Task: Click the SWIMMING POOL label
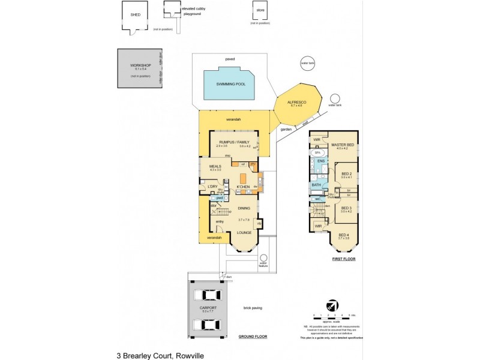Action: [232, 84]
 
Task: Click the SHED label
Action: [135, 15]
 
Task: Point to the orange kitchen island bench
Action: [244, 178]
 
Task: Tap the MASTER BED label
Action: [342, 145]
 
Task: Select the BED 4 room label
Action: [343, 235]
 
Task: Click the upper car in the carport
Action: [207, 296]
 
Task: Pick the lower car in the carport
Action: [207, 325]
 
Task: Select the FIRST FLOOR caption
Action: [344, 259]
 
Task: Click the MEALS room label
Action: [215, 166]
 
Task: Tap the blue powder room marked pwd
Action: [220, 197]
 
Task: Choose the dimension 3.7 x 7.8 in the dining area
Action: [244, 220]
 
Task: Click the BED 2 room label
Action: [346, 173]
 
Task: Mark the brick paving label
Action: [253, 308]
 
